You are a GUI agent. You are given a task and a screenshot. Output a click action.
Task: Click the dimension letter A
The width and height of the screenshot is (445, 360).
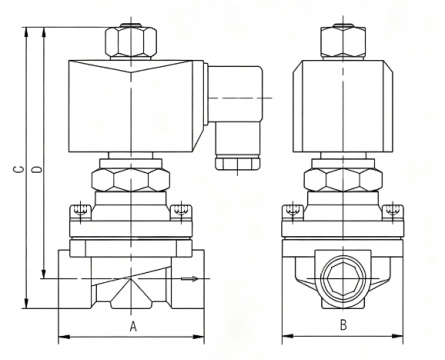click(x=133, y=326)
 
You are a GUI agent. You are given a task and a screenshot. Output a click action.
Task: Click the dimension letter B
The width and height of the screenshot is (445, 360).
click(x=343, y=324)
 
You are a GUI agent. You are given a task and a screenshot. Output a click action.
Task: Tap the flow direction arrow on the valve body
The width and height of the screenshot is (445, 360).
click(x=190, y=278)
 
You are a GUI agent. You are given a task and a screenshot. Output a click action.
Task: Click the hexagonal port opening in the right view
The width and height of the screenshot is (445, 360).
click(x=343, y=278)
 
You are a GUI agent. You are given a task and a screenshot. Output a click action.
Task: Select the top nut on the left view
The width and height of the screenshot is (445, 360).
click(x=131, y=42)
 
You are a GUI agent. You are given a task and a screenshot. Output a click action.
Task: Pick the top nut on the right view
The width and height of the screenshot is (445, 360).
click(x=343, y=42)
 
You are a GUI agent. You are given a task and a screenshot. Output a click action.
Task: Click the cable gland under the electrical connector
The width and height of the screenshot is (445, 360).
click(x=237, y=162)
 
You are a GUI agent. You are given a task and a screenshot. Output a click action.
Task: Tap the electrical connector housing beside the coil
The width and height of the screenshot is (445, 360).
click(x=235, y=100)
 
